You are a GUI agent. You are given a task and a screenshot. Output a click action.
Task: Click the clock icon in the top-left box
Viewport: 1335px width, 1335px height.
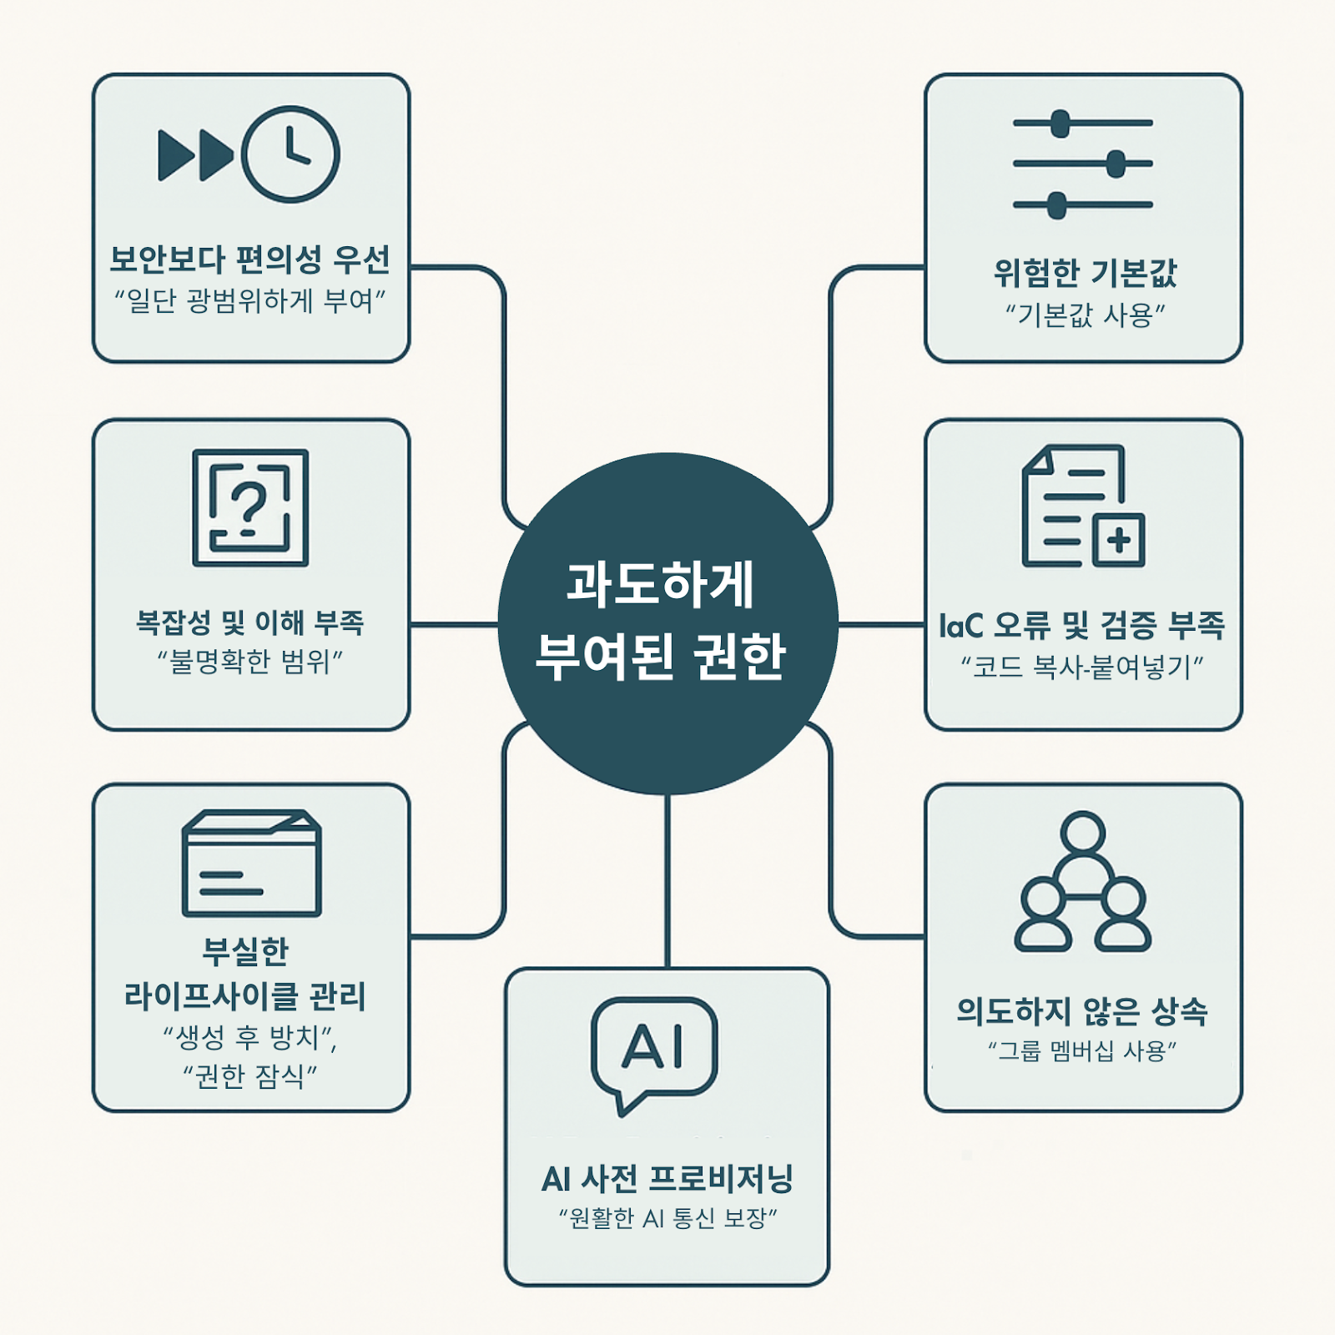tap(290, 154)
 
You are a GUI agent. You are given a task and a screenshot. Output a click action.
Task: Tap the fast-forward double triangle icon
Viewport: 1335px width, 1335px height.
tap(196, 155)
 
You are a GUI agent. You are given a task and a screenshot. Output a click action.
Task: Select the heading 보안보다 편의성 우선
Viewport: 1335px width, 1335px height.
tap(250, 259)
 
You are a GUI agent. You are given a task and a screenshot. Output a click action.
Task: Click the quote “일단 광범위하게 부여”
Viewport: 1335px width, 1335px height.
tap(250, 300)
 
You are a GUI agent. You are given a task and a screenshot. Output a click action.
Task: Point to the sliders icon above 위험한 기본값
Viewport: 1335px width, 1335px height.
tap(1083, 164)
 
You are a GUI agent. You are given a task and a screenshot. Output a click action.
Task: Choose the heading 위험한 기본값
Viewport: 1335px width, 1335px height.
tap(1085, 273)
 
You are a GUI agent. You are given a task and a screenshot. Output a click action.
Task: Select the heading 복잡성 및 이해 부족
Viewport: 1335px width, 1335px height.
tap(250, 622)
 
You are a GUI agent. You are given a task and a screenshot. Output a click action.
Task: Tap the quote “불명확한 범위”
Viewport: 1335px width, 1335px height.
tap(250, 662)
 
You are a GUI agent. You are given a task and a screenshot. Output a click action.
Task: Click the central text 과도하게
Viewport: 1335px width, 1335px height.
tap(661, 583)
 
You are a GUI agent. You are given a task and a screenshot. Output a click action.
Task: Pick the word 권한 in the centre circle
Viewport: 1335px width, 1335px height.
tap(739, 656)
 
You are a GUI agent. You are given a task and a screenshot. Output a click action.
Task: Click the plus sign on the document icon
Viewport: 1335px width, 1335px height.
tap(1119, 541)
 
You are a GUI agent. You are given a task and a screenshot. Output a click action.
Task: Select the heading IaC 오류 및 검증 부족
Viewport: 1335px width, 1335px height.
tap(1082, 625)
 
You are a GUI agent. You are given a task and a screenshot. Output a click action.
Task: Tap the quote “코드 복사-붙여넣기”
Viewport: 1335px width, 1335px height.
tap(1082, 667)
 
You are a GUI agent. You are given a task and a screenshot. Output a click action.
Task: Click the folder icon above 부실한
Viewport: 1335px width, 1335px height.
tap(251, 864)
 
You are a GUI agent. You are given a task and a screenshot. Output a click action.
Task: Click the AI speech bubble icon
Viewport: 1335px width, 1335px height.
tap(654, 1050)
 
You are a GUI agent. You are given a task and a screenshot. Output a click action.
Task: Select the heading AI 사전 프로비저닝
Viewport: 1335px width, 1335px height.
tap(667, 1179)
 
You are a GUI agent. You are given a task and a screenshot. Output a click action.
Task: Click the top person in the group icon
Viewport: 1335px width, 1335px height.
tap(1083, 832)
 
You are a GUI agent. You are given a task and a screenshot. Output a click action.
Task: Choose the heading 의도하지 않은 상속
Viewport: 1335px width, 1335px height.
tap(1082, 1011)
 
